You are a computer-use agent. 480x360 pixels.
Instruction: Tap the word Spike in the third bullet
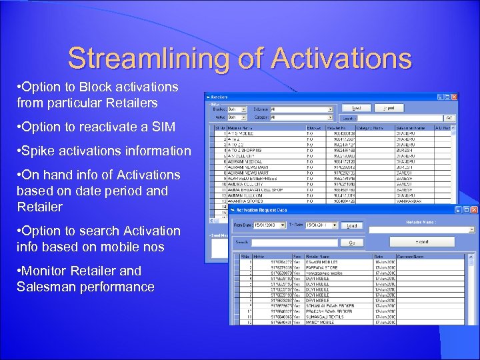tap(41, 151)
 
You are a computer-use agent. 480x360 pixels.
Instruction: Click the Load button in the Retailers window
tap(357, 107)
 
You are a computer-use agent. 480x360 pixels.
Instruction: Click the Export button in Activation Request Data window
tap(422, 241)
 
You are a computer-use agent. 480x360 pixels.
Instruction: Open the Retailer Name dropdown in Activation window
tap(471, 229)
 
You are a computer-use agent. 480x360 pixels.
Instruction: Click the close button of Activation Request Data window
tap(473, 209)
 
